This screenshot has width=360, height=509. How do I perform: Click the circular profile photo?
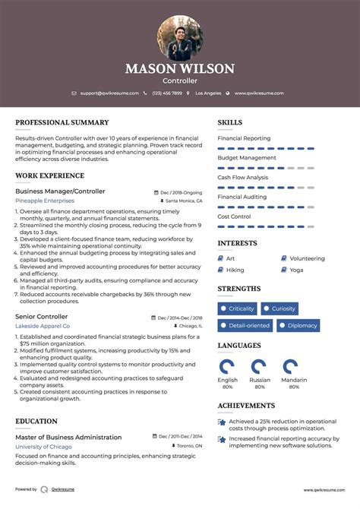[180, 38]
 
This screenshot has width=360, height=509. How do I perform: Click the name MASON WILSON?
[180, 68]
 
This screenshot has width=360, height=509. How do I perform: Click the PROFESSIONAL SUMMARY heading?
[62, 122]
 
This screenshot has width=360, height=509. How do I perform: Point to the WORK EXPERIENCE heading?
[50, 175]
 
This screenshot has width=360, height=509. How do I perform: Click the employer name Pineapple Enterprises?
[45, 201]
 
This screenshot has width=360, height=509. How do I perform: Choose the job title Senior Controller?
[41, 316]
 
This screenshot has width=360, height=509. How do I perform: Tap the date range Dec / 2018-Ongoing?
[181, 192]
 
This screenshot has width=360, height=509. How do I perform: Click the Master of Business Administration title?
[68, 437]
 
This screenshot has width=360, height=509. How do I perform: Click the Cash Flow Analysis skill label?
[242, 178]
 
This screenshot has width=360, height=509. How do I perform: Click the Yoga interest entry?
[296, 270]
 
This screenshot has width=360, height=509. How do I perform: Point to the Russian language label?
[260, 379]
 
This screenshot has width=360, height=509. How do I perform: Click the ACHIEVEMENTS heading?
[246, 406]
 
